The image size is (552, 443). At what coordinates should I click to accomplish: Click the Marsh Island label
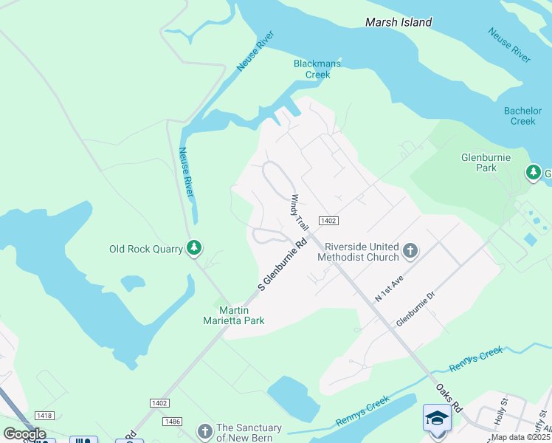click(399, 23)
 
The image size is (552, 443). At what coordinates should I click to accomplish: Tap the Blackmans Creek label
click(317, 69)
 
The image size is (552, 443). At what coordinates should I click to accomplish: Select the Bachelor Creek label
click(522, 116)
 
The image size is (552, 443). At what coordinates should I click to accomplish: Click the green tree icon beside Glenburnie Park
click(533, 173)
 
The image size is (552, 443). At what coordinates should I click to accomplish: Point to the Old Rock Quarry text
click(145, 249)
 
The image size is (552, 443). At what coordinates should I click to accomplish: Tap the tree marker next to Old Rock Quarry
click(194, 248)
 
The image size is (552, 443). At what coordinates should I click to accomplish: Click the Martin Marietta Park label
click(233, 315)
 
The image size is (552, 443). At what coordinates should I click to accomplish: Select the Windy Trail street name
click(299, 212)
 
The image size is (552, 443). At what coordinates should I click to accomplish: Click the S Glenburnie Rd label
click(282, 264)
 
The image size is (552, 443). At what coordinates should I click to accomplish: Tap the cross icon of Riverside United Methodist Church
click(410, 252)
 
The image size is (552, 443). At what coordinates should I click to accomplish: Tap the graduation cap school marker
click(436, 418)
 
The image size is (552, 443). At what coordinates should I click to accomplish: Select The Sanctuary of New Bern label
click(249, 433)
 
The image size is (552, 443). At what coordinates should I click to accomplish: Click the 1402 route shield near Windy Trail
click(328, 221)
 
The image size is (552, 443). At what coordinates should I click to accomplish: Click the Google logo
click(24, 433)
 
